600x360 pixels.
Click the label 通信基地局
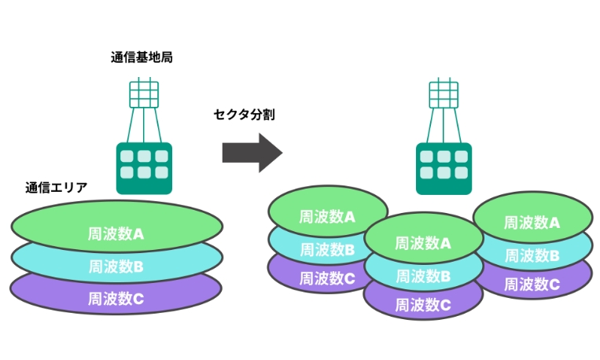pos(142,57)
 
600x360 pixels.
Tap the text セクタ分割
pos(245,115)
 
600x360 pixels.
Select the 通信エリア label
pos(56,188)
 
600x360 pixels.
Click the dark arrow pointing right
pos(251,152)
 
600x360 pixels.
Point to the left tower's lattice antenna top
pos(143,93)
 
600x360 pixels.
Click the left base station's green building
pos(143,167)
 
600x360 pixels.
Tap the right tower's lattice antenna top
pos(443,93)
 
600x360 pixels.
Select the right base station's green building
pos(443,167)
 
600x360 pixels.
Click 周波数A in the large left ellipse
pos(116,233)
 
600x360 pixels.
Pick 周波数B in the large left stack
pos(116,266)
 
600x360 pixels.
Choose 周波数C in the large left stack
pos(116,299)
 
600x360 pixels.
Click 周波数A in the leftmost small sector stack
pos(327,216)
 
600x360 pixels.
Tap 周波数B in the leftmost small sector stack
pos(327,250)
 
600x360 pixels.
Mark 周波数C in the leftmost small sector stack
pos(327,277)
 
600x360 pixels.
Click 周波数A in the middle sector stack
pos(423,243)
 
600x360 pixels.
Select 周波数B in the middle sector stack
pos(423,276)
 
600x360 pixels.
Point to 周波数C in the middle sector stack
pos(423,304)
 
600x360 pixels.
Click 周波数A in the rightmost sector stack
pos(532,222)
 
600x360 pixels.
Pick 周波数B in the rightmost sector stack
pos(532,255)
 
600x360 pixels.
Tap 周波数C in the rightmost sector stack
pos(532,284)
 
